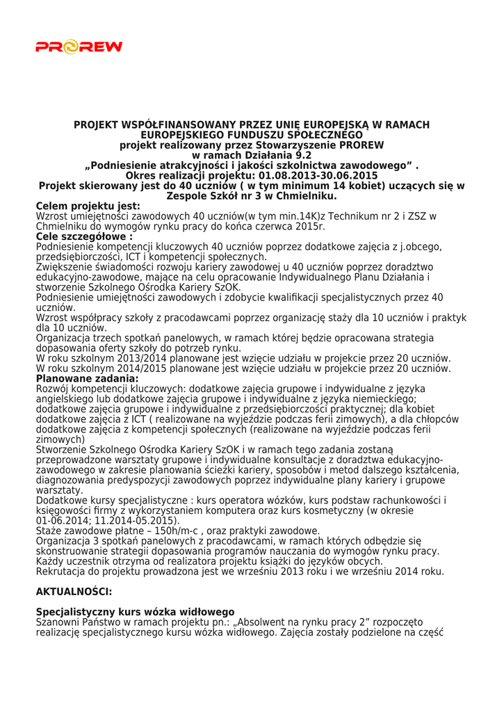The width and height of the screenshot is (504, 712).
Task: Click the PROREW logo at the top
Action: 79,47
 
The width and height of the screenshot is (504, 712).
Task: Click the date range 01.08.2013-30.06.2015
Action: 327,176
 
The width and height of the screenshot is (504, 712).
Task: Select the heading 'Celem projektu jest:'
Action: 88,206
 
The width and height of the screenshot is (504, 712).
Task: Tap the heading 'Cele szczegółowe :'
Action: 84,236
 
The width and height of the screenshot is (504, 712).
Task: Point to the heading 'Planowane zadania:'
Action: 87,378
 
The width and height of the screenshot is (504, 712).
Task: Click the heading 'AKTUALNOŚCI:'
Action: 74,592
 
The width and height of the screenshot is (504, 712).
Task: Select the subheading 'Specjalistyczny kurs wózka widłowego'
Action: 135,612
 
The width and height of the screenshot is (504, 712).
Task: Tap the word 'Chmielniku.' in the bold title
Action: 304,196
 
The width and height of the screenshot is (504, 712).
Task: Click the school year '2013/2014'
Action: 124,358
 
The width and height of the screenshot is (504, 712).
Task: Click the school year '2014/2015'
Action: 124,369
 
